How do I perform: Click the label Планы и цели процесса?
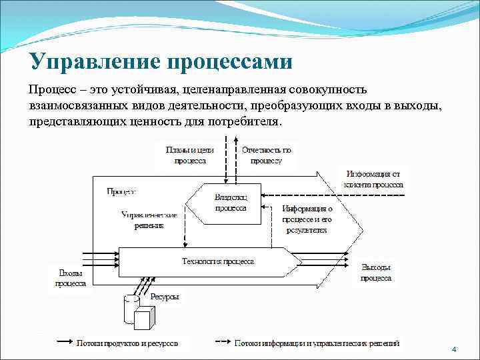point(191,155)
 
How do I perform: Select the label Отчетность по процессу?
point(266,155)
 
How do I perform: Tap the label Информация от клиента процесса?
point(375,178)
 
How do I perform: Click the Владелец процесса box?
point(231,202)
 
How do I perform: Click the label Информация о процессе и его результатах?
point(307,219)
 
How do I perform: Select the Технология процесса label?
point(217,261)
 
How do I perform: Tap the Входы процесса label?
point(71,278)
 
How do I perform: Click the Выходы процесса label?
point(377,272)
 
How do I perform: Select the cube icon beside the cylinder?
point(144,319)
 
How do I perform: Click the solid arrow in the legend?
point(64,343)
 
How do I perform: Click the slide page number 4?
point(453,349)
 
